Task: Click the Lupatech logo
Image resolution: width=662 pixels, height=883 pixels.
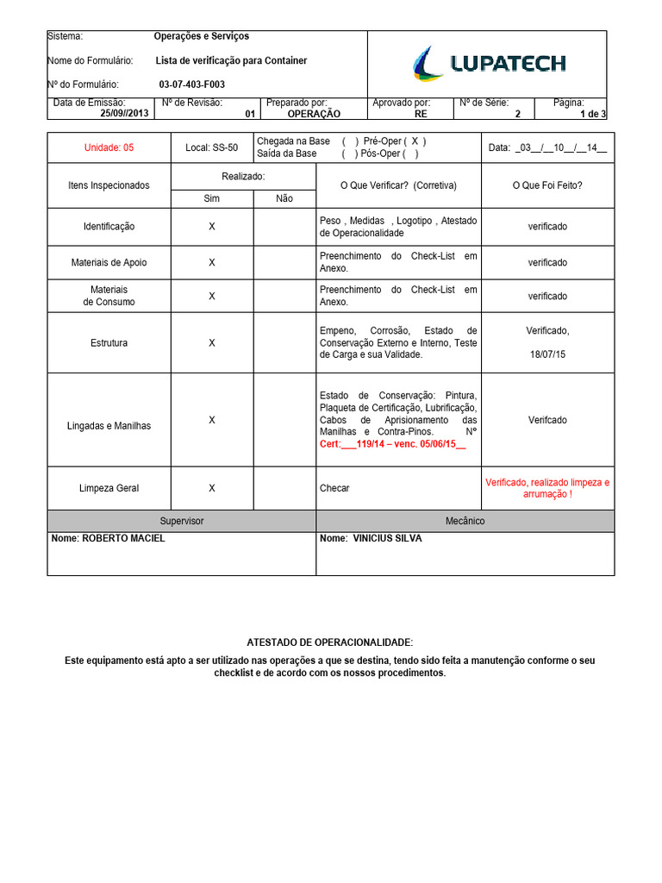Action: point(488,63)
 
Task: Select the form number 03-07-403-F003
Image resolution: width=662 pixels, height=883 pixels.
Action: point(191,85)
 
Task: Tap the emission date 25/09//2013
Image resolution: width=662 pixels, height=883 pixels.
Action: point(124,114)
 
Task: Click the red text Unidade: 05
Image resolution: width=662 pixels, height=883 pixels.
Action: point(109,147)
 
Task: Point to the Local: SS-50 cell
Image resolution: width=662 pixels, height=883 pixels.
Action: point(211,147)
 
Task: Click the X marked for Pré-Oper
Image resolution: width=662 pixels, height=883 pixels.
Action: point(414,141)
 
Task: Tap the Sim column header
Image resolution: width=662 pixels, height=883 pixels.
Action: point(211,198)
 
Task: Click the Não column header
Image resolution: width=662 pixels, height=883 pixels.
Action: point(284,198)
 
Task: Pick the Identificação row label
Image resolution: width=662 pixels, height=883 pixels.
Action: point(109,227)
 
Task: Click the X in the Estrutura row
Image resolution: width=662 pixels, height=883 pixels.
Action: point(212,342)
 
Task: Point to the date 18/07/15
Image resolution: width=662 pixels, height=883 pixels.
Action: point(547,354)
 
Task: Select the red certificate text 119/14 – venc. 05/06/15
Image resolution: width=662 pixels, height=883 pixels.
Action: point(392,443)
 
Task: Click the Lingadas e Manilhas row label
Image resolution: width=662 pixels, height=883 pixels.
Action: point(109,426)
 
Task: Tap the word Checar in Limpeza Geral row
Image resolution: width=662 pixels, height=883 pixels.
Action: point(334,488)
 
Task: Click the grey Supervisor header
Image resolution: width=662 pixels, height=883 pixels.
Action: point(182,521)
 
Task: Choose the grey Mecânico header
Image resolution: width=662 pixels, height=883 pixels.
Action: point(465,521)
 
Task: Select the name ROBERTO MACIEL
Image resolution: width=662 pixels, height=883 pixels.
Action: point(109,538)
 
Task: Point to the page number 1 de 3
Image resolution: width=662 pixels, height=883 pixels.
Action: point(592,114)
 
